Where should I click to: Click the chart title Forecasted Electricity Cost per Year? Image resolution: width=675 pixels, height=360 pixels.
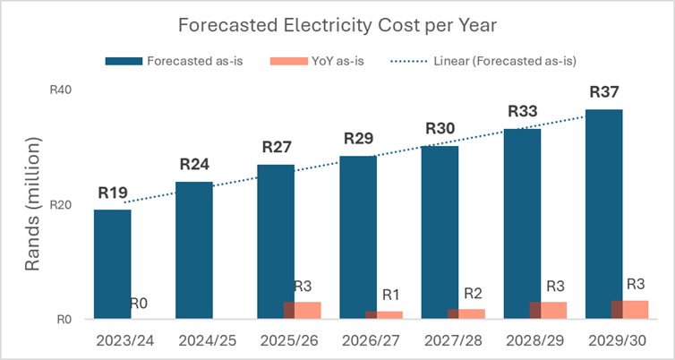pyautogui.click(x=337, y=24)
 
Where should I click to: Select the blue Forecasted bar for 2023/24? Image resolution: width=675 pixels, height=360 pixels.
pyautogui.click(x=112, y=264)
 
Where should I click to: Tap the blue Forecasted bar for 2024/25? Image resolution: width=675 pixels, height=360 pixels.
pyautogui.click(x=193, y=251)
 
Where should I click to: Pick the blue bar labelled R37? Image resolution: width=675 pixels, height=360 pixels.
pyautogui.click(x=603, y=214)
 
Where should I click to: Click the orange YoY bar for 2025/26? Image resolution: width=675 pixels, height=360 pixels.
pyautogui.click(x=303, y=311)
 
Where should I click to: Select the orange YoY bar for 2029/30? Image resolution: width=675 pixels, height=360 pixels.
pyautogui.click(x=629, y=310)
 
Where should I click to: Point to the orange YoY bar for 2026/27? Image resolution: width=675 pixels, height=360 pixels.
pyautogui.click(x=384, y=315)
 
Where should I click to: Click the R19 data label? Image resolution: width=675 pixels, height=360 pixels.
pyautogui.click(x=113, y=193)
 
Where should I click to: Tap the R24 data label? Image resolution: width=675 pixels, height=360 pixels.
pyautogui.click(x=194, y=165)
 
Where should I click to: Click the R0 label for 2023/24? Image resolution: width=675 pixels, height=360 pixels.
pyautogui.click(x=138, y=304)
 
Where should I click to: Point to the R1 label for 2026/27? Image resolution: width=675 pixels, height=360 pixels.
pyautogui.click(x=391, y=295)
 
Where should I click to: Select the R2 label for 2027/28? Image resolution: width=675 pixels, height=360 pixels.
pyautogui.click(x=474, y=293)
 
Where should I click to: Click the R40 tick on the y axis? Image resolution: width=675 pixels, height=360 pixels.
pyautogui.click(x=71, y=90)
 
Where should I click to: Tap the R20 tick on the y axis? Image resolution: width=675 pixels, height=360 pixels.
pyautogui.click(x=71, y=205)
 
